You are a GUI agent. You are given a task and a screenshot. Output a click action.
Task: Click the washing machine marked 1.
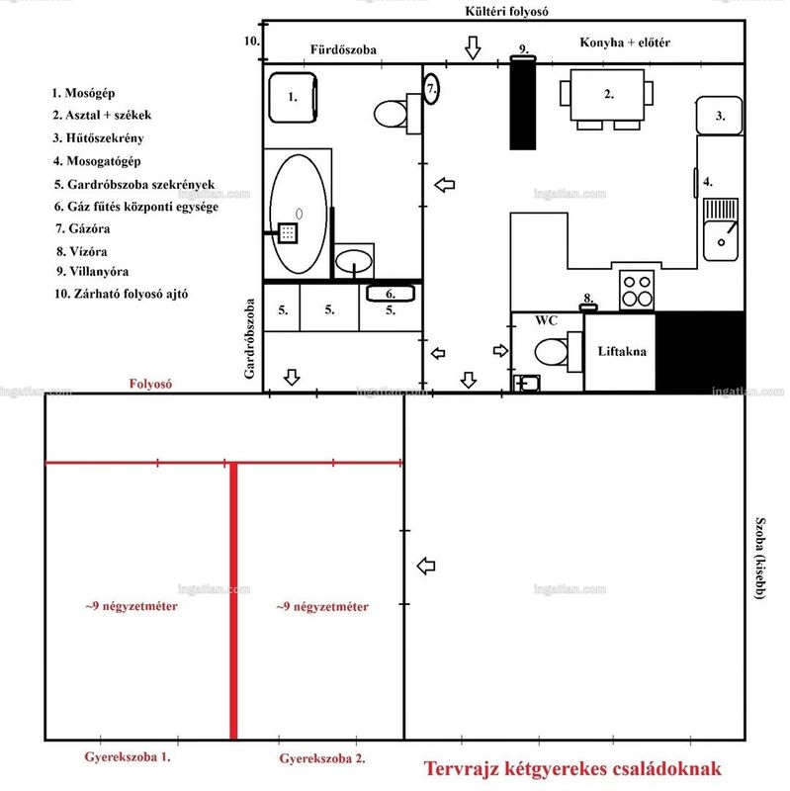293,98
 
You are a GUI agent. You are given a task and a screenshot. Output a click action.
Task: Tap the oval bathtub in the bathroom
299,214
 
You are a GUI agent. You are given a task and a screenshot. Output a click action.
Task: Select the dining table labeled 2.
607,95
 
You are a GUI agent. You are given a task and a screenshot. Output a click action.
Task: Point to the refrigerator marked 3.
720,116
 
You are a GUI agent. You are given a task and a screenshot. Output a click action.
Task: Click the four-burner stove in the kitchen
637,291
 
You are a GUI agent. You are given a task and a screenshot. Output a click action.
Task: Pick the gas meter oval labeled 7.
431,89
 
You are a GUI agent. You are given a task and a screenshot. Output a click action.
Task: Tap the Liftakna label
622,351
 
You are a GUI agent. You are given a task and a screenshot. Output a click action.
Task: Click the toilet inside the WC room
551,352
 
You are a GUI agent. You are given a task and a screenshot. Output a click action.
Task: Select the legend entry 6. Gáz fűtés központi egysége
136,207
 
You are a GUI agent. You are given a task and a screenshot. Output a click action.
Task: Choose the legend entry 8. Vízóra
82,251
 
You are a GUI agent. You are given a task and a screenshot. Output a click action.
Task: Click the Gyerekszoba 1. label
128,756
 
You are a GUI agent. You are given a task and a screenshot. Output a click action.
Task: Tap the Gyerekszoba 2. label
322,758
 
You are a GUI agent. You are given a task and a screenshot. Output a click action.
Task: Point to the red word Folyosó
150,384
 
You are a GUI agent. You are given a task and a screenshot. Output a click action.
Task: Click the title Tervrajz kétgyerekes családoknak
572,769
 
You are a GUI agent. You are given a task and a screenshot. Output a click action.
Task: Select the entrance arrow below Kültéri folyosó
473,47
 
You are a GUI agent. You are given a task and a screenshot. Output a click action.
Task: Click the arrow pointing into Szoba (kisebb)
426,566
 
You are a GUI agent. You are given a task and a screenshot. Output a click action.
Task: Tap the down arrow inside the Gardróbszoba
292,377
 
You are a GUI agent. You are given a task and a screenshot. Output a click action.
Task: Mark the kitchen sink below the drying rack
721,240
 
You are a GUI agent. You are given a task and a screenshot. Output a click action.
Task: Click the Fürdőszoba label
343,49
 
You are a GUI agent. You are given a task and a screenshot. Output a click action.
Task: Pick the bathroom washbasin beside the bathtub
354,261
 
